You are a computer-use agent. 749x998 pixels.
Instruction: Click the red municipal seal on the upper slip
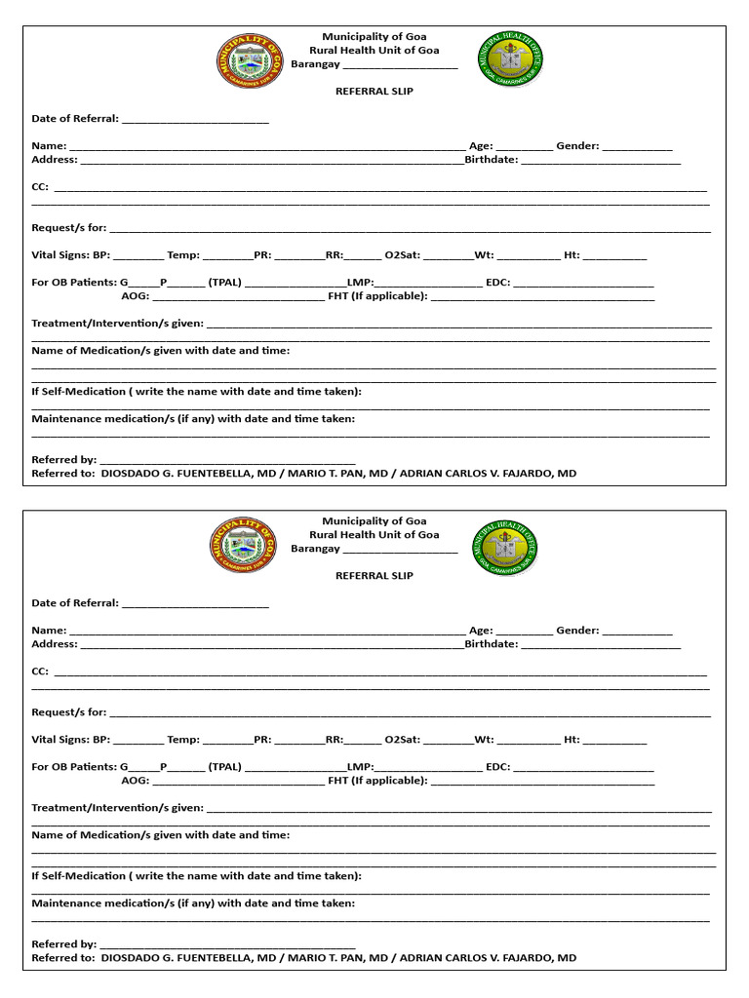click(x=250, y=61)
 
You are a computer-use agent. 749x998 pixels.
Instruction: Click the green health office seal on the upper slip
click(x=510, y=60)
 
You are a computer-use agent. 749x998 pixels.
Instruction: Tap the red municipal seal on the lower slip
click(x=243, y=545)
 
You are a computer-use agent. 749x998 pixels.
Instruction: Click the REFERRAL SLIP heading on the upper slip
click(x=374, y=91)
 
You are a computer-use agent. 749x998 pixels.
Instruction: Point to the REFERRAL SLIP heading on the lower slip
click(x=374, y=575)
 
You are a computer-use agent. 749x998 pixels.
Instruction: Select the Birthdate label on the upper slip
click(x=492, y=159)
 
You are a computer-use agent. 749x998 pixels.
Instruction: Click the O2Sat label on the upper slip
click(x=402, y=255)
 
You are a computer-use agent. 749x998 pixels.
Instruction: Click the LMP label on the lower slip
click(x=360, y=767)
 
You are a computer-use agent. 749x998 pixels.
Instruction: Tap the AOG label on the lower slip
click(x=136, y=781)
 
